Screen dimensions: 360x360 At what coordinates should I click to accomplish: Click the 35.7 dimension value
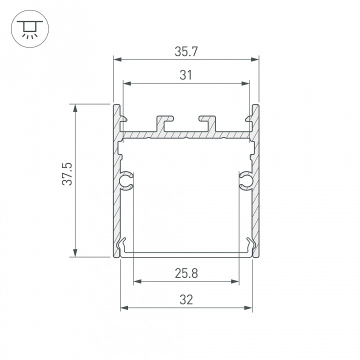click(x=186, y=51)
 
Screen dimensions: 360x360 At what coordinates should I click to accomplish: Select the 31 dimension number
click(x=186, y=75)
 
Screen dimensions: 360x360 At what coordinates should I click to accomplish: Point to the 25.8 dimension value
click(x=186, y=273)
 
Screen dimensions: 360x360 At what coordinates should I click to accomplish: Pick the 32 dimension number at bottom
click(x=186, y=299)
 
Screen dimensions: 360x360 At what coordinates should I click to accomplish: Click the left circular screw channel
click(x=126, y=180)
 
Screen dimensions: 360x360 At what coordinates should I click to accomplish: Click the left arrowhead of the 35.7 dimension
click(x=117, y=59)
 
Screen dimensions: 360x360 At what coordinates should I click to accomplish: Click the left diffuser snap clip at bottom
click(x=122, y=246)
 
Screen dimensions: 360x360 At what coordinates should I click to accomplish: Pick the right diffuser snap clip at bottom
click(x=249, y=246)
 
